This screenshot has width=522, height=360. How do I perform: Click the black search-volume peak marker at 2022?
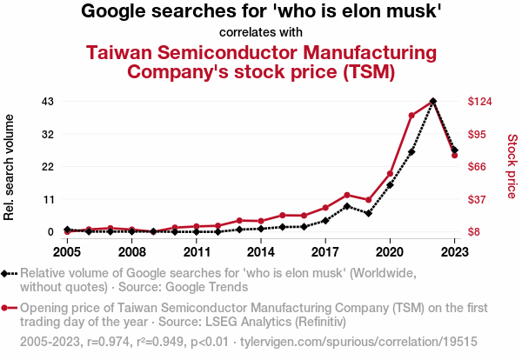tap(433, 102)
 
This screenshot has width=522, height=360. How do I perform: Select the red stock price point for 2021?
tap(412, 115)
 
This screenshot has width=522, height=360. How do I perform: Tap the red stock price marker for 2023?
tap(454, 156)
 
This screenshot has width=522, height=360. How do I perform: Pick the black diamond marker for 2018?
tap(347, 206)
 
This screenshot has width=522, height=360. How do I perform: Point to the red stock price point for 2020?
tap(390, 174)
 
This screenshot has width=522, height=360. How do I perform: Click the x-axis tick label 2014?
tap(261, 251)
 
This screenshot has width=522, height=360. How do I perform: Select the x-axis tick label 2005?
tap(67, 251)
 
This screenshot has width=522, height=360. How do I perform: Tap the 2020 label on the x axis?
tap(390, 251)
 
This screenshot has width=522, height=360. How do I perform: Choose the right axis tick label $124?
tap(480, 102)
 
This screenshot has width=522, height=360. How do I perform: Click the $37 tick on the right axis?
tap(478, 199)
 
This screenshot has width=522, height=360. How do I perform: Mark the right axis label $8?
tap(475, 232)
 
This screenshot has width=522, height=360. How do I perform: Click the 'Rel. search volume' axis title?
tap(10, 166)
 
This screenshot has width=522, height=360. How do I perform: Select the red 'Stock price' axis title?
tap(512, 166)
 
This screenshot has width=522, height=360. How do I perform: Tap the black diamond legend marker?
tap(10, 273)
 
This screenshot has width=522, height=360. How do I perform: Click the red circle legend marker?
tap(10, 308)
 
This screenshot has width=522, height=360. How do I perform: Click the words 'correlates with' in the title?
tap(261, 33)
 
